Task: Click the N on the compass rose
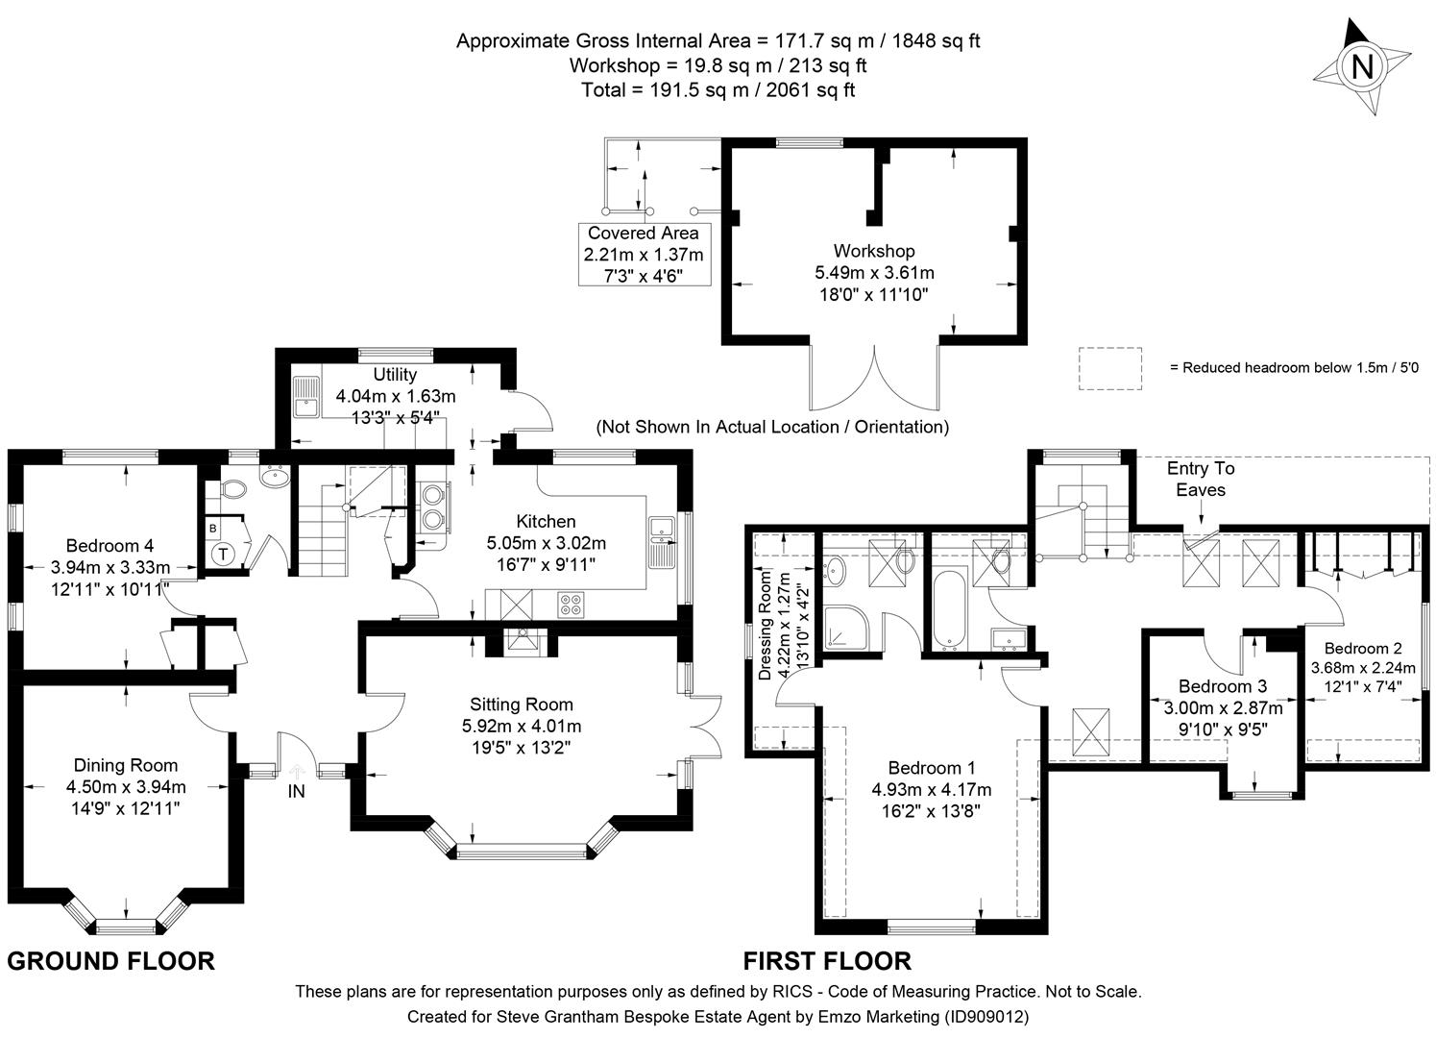1362,67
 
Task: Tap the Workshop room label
873,252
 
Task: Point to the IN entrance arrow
297,771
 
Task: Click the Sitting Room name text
521,704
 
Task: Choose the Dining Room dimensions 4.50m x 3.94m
126,787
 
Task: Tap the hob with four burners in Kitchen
571,605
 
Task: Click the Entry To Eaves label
1201,479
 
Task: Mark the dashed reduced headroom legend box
1109,368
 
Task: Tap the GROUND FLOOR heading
111,960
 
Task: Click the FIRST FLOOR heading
827,960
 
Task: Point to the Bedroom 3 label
1222,686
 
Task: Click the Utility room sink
306,396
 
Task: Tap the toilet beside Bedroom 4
231,490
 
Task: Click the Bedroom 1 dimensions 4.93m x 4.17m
931,790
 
